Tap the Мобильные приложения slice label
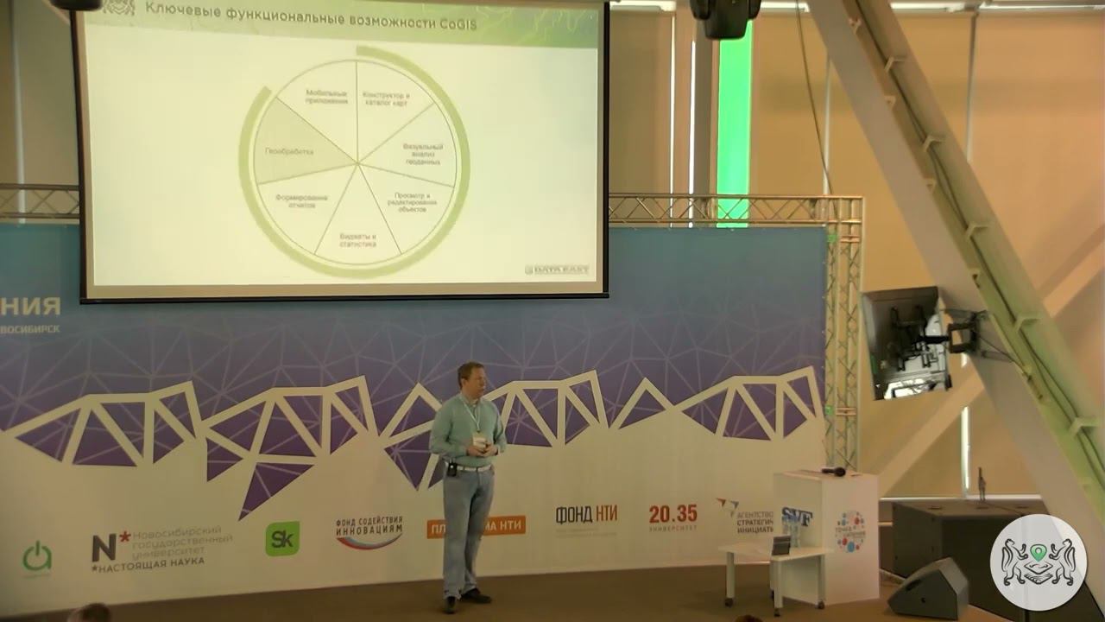coord(326,97)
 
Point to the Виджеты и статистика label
coord(357,239)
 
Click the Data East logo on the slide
coord(557,270)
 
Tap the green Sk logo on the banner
coord(282,537)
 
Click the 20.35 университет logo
coord(673,517)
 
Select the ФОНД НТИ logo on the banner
coord(586,516)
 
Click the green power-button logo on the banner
coord(37,556)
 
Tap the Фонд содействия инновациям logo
coord(369,532)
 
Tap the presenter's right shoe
coord(450,604)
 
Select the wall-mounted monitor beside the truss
coord(903,341)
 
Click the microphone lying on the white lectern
coord(833,471)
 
